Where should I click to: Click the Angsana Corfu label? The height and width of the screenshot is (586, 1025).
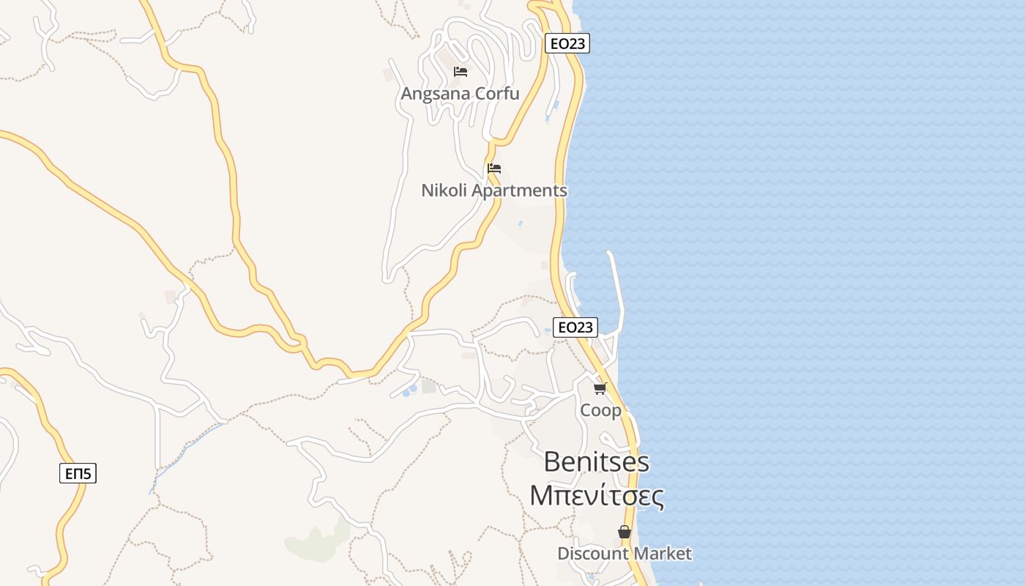(460, 94)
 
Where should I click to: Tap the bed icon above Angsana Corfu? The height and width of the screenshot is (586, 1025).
(461, 72)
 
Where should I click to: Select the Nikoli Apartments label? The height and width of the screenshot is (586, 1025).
(493, 190)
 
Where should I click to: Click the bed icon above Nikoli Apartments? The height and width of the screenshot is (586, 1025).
(494, 168)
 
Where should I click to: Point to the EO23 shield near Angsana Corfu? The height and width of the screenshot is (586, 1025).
(567, 43)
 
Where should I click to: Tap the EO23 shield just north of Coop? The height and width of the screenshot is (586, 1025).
(575, 327)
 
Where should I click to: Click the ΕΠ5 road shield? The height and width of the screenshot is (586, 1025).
(78, 473)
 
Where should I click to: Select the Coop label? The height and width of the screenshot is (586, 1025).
(600, 410)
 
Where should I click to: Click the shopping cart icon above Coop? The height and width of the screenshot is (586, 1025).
(600, 389)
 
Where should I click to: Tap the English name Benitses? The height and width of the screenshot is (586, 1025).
(597, 461)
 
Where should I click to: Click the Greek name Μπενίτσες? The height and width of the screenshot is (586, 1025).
(597, 496)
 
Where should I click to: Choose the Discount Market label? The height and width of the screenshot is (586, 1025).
(624, 553)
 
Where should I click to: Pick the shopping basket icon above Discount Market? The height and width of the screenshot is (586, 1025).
(625, 532)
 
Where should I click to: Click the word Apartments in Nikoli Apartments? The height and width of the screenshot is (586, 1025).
(518, 190)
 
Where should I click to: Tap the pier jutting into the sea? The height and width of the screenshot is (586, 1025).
(617, 286)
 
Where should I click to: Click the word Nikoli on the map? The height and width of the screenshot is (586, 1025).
(444, 190)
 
